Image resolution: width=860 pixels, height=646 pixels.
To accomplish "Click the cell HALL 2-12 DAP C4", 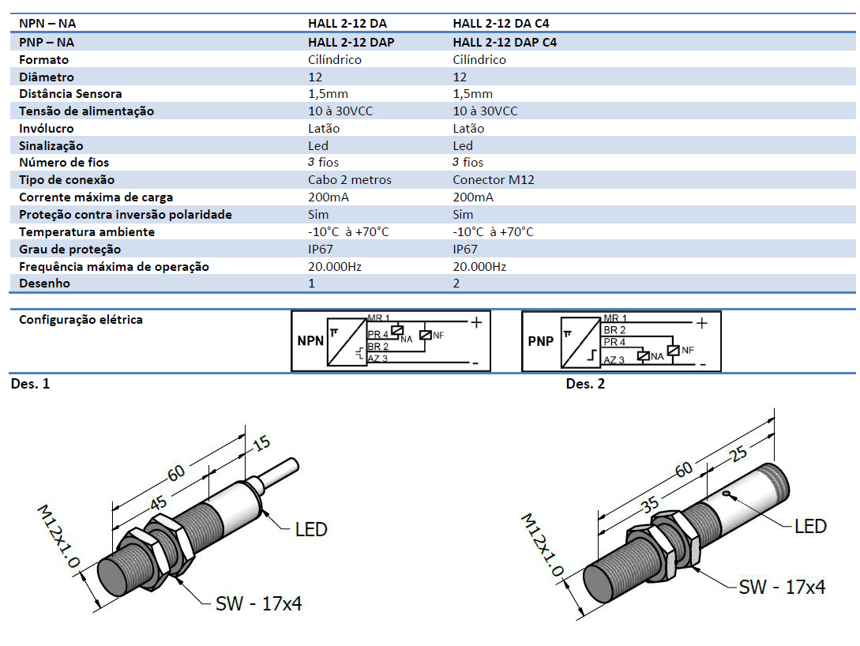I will click(x=505, y=43).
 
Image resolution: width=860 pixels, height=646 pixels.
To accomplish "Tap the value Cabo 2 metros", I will click(x=349, y=180).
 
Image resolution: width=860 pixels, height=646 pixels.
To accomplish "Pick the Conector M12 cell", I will click(x=494, y=180).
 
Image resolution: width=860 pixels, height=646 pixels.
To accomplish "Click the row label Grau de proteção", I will click(x=70, y=250).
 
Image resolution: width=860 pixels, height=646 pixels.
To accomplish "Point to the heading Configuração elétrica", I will click(x=81, y=320).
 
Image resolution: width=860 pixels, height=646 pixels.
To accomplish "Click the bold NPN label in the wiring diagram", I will click(x=310, y=342).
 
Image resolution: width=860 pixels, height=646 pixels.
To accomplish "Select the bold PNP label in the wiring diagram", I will click(x=541, y=342).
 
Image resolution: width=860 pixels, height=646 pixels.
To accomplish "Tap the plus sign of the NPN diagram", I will click(x=476, y=322).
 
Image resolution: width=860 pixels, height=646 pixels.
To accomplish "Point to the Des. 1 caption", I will click(x=30, y=384).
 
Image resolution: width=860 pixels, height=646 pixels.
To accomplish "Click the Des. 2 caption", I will click(x=585, y=384).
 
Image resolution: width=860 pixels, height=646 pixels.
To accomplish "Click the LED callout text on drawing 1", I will click(x=310, y=529).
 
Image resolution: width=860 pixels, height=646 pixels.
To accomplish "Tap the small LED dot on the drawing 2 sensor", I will click(x=726, y=495).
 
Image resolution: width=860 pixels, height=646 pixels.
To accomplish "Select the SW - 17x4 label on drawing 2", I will click(x=782, y=587).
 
